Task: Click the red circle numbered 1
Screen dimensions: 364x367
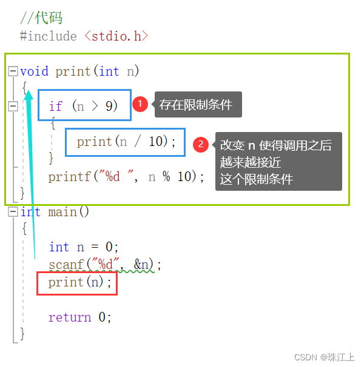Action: [140, 104]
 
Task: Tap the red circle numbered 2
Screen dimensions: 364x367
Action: [201, 144]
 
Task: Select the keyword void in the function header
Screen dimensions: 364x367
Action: [34, 71]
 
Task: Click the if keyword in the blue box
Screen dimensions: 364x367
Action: [56, 106]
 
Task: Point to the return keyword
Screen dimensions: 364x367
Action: [70, 317]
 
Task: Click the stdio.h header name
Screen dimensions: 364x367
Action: [116, 36]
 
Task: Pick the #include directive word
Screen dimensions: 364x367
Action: [49, 36]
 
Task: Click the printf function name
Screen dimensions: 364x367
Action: [69, 177]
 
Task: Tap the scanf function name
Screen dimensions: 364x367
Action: [66, 265]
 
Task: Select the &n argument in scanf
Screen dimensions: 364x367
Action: [141, 265]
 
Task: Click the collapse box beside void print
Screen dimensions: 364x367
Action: [13, 71]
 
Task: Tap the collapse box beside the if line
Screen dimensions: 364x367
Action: [13, 106]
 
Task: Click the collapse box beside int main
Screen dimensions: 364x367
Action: [13, 212]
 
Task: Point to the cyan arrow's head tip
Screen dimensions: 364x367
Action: [29, 90]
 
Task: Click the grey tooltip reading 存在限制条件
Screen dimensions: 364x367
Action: [198, 104]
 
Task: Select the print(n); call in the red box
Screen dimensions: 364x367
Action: [79, 282]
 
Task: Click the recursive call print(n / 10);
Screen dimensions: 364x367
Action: [126, 142]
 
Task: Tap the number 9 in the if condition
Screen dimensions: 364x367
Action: [109, 106]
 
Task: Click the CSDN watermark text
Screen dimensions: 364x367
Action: [325, 357]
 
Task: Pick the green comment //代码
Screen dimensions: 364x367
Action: [41, 18]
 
